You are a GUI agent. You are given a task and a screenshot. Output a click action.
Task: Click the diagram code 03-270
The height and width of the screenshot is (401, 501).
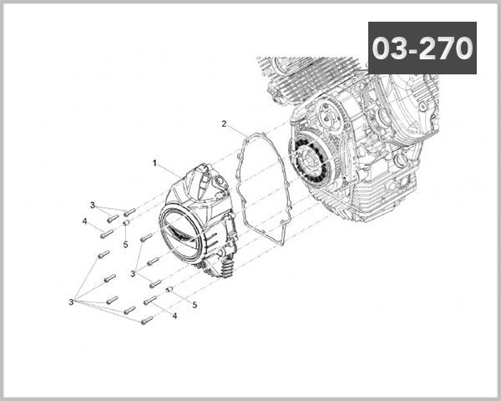[422, 48]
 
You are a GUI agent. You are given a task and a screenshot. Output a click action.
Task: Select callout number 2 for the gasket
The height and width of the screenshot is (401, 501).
[224, 124]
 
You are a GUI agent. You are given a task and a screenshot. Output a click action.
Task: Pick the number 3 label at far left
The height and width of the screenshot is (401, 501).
[73, 300]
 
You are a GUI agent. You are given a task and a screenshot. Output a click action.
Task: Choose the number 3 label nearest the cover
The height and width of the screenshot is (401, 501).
[133, 273]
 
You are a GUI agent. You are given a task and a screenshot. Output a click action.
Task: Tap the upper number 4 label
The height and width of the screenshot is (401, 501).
[85, 221]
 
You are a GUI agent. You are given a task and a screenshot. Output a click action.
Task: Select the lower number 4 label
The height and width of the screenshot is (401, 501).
[175, 316]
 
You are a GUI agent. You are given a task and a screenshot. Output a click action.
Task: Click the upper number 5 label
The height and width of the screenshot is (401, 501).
[124, 245]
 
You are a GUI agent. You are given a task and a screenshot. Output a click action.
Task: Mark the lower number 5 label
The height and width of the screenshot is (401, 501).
[195, 305]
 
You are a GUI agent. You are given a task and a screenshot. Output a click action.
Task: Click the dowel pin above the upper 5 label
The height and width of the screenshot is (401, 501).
[125, 224]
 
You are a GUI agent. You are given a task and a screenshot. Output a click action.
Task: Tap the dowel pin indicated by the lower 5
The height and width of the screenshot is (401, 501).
[170, 290]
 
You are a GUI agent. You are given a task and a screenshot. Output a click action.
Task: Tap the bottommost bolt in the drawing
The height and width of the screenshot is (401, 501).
[147, 319]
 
